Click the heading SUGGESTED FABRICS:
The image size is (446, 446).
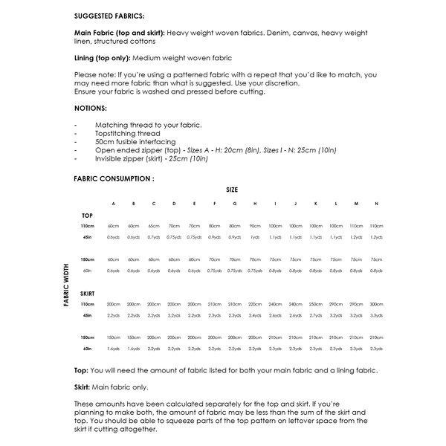[x=109, y=15]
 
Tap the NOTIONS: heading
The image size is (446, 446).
[x=91, y=109]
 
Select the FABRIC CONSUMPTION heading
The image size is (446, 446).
[x=114, y=178]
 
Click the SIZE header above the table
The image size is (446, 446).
[x=232, y=190]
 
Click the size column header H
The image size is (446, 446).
[x=255, y=203]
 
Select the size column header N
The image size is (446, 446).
[x=376, y=203]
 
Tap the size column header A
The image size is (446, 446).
[x=113, y=203]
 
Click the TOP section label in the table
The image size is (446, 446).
[x=87, y=215]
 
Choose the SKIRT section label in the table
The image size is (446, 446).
[x=88, y=293]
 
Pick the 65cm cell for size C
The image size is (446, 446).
[x=154, y=226]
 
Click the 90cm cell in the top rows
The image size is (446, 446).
[x=255, y=226]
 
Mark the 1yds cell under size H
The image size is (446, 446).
[x=255, y=237]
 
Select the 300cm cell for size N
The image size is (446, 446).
[x=376, y=304]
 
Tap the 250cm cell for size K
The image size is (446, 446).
[x=316, y=304]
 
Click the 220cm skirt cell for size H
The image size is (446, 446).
[x=255, y=304]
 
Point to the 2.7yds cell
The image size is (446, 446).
[x=316, y=315]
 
